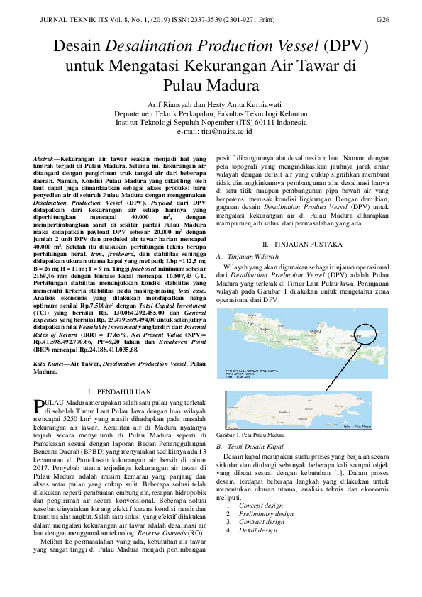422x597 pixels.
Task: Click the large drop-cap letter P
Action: (x=38, y=406)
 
